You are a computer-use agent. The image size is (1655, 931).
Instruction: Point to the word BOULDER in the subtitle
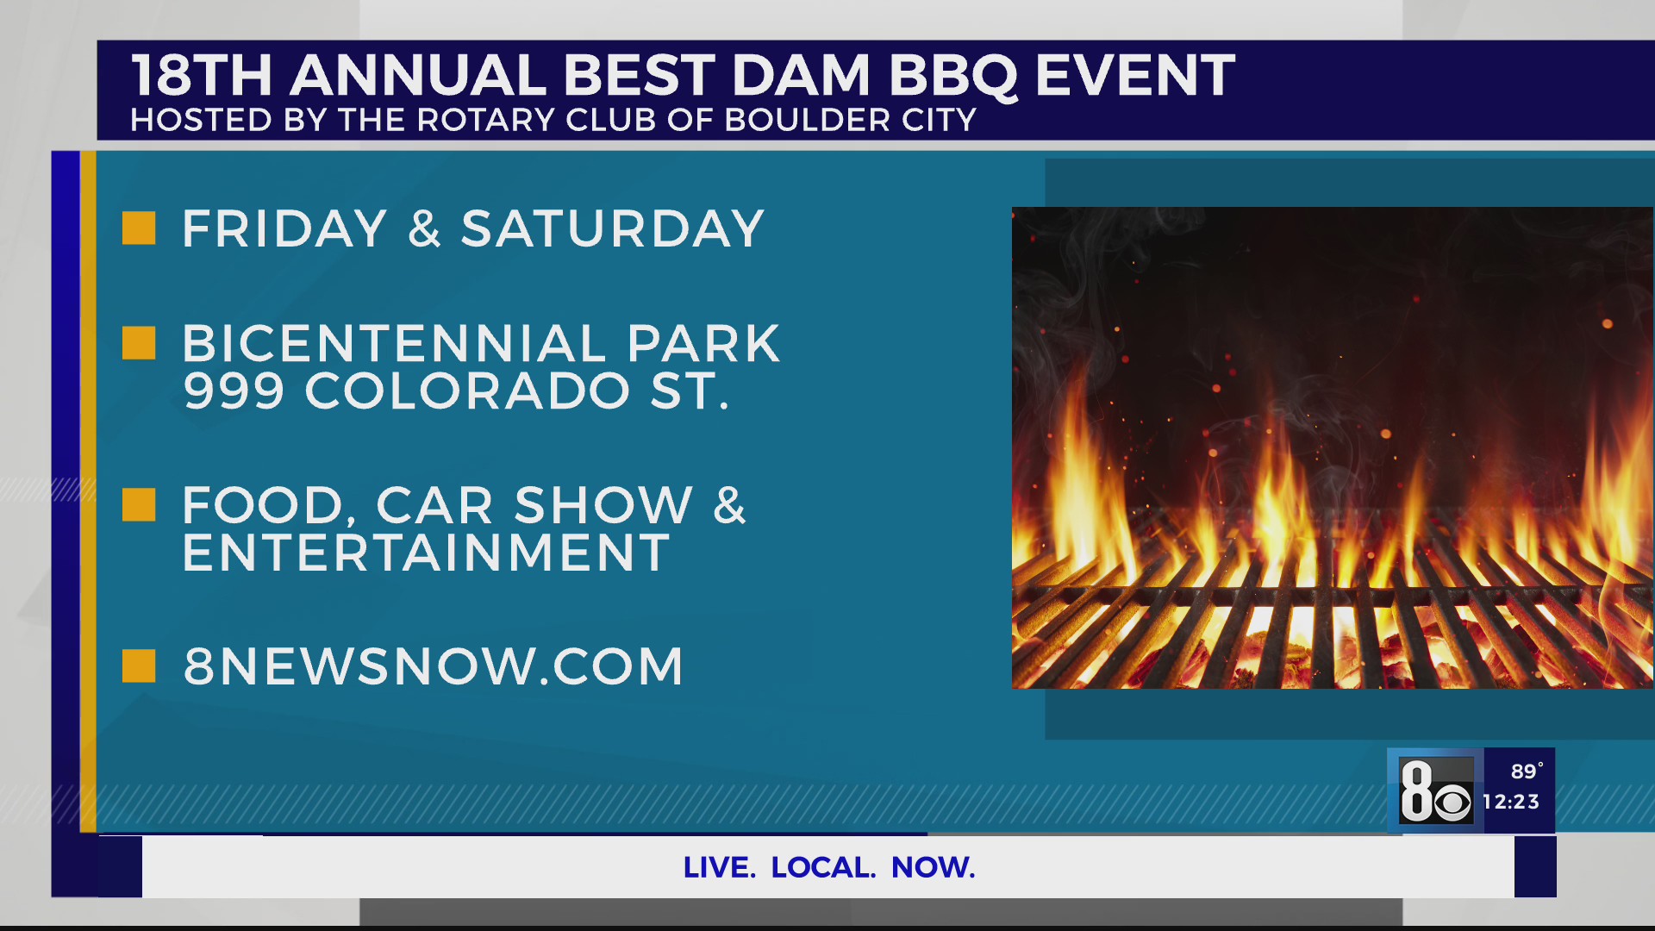[807, 120]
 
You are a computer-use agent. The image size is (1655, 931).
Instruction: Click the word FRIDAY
[284, 229]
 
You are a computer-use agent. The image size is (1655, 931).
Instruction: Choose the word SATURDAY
[613, 229]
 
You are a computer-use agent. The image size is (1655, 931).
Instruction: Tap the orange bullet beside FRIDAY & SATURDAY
[139, 228]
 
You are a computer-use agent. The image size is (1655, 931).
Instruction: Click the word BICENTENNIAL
[394, 344]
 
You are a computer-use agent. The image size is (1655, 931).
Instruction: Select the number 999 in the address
[234, 391]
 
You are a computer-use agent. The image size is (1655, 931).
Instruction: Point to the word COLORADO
[467, 391]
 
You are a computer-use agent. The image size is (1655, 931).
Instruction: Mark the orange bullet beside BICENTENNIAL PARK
[139, 343]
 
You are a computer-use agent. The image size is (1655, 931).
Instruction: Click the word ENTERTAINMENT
[426, 553]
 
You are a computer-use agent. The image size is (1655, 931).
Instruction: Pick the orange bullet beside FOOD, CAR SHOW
[139, 505]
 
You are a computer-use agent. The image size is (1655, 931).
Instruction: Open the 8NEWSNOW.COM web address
[434, 666]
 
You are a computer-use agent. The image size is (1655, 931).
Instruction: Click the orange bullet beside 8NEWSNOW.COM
[139, 665]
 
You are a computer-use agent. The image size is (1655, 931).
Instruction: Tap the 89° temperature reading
[1526, 772]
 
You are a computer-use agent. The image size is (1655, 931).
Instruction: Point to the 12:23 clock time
[1511, 802]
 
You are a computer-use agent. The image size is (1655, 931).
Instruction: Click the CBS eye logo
[1453, 803]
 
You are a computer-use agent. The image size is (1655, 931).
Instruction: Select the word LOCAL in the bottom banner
[823, 867]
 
